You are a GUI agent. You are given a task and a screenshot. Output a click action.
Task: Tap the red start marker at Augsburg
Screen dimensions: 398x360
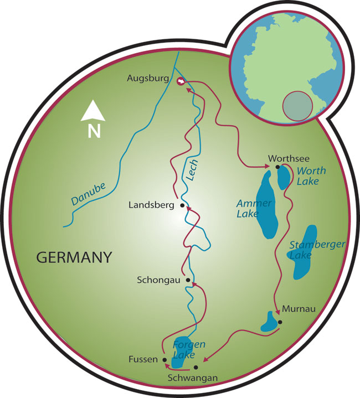point(180,81)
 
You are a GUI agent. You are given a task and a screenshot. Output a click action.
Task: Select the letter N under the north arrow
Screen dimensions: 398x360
point(94,131)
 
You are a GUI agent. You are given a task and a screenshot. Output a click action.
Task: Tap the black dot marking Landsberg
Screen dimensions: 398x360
point(182,205)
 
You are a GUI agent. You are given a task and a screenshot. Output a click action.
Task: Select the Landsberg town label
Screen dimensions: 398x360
point(151,205)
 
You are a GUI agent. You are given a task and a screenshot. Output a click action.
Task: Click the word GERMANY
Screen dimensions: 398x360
point(74,257)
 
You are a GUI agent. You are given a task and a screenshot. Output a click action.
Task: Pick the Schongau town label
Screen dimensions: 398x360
point(158,280)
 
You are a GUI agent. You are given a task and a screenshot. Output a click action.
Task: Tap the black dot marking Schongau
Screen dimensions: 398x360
point(188,280)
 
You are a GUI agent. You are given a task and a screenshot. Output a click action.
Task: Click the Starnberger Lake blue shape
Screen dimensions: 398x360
point(304,252)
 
